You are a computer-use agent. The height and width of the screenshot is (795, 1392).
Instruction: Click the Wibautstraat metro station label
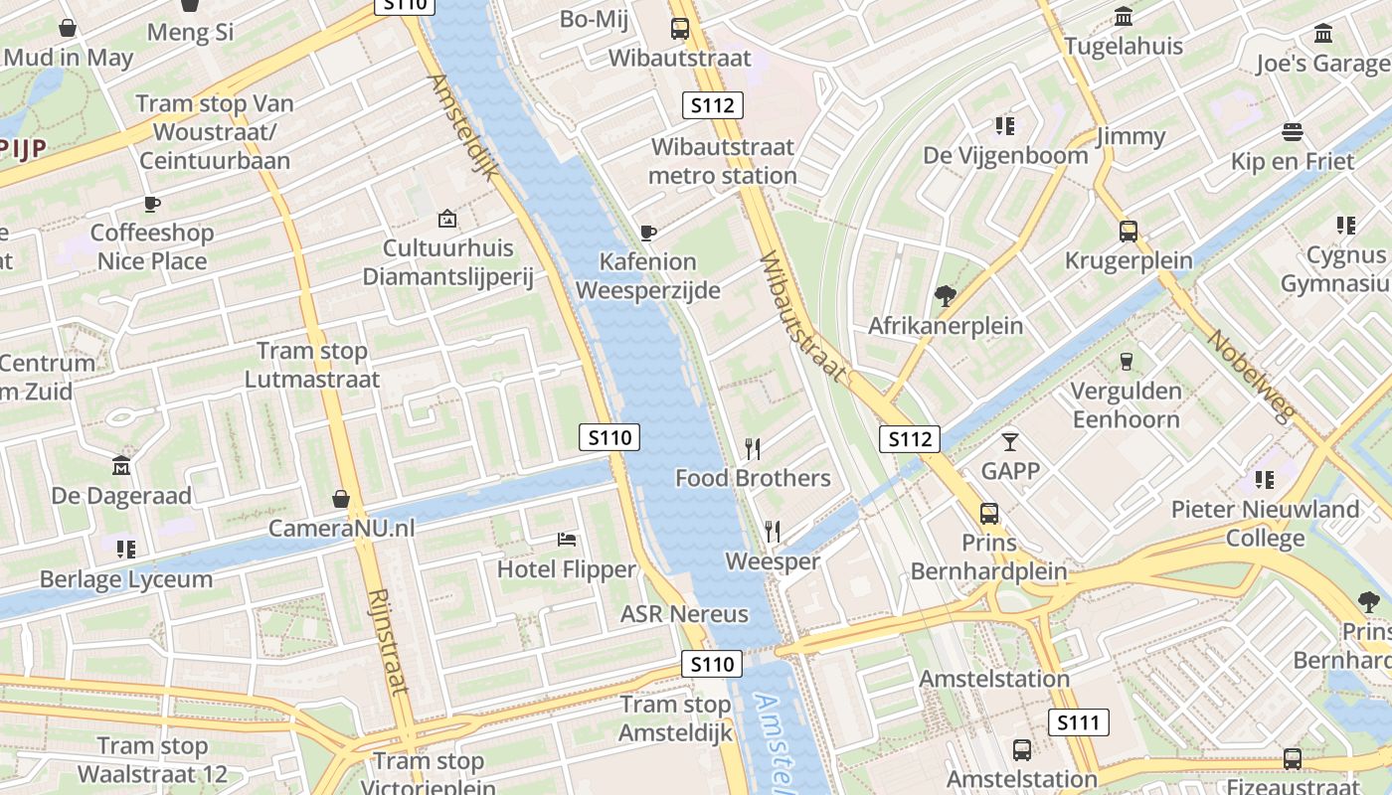coord(723,161)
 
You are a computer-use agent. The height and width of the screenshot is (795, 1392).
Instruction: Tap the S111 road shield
coord(1078,722)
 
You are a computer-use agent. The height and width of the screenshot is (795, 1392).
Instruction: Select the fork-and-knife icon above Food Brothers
coord(753,449)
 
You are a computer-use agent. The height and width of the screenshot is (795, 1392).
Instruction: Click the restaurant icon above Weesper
coord(773,532)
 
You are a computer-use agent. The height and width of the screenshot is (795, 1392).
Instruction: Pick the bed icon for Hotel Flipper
coord(567,540)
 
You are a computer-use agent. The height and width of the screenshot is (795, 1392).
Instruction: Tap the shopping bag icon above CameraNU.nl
coord(341,498)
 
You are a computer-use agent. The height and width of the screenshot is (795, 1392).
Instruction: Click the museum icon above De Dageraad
coord(121,465)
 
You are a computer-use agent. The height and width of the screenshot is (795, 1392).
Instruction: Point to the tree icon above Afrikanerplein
coord(945,295)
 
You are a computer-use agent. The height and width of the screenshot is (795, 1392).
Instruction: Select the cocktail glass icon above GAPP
coord(1010,441)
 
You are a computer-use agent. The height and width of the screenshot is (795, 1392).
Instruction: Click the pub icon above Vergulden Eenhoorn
coord(1127,361)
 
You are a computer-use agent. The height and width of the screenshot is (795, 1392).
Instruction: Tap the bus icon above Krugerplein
coord(1129,232)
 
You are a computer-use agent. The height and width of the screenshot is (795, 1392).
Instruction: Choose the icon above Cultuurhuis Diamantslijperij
coord(447,218)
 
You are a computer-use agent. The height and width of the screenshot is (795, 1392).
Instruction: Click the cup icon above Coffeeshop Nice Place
coord(151,204)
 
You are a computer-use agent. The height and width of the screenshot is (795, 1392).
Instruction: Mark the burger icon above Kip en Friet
coord(1293,132)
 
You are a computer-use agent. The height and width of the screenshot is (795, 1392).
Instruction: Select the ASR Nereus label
coord(684,614)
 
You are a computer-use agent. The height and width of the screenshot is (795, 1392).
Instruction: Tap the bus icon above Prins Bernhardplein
coord(989,513)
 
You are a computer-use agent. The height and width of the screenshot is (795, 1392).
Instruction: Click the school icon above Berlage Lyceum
coord(125,549)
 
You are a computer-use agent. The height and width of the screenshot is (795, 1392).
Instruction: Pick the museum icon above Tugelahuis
coord(1125,17)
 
